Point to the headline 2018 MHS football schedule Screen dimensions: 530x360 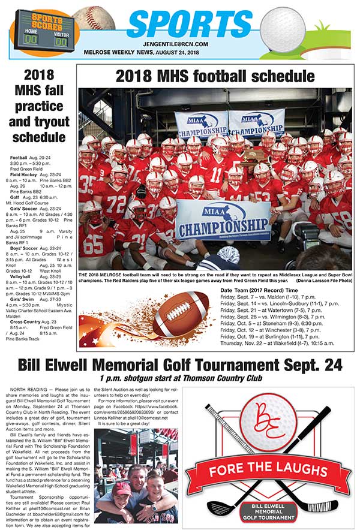pyautogui.click(x=215, y=77)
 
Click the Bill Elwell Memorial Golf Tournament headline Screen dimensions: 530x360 pyautogui.click(x=180, y=365)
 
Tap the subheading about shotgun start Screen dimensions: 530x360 pyautogui.click(x=180, y=378)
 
